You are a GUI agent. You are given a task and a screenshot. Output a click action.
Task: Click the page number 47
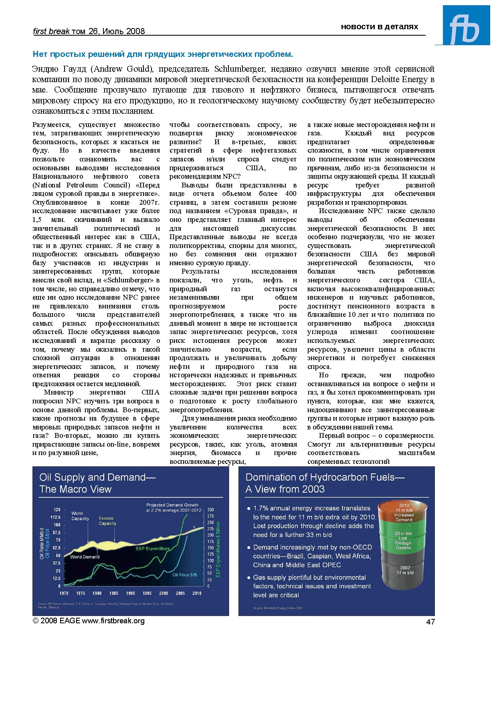[430, 621]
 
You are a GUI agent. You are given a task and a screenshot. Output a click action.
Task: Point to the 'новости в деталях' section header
[379, 27]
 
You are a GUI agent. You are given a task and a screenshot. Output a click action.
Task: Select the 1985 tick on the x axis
[114, 593]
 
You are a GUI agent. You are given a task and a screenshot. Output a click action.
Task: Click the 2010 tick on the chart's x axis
[197, 593]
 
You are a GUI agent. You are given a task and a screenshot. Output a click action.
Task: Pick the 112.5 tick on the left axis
[55, 517]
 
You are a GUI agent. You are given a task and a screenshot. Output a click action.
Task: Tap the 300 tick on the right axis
[210, 510]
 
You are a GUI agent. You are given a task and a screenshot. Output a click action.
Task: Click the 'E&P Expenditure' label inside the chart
[153, 548]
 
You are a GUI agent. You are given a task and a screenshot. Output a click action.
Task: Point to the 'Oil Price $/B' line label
[184, 575]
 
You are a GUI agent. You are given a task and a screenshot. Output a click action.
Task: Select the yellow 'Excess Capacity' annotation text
[107, 521]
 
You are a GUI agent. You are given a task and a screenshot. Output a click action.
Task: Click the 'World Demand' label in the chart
[85, 557]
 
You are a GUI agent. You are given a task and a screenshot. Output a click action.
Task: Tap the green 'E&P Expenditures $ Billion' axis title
[218, 549]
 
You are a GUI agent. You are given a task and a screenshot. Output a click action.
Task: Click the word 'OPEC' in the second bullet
[331, 565]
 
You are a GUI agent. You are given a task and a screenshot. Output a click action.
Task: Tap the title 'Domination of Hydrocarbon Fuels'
[325, 477]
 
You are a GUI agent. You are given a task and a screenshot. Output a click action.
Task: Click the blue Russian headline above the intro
[163, 54]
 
